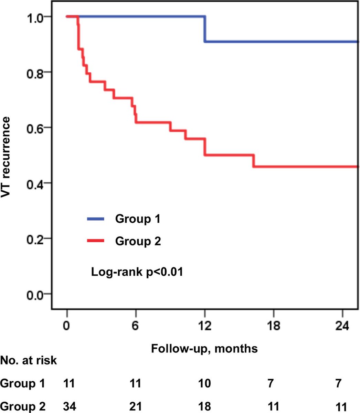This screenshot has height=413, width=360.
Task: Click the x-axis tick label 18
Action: (274, 325)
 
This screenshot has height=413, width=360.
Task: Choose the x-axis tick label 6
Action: (136, 325)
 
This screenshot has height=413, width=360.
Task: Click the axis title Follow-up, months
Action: (204, 348)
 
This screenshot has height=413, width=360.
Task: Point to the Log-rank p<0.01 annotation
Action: (137, 272)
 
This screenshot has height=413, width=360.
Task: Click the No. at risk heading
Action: (29, 361)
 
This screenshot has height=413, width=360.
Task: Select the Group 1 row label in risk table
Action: (23, 383)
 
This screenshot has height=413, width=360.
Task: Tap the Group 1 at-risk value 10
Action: (204, 383)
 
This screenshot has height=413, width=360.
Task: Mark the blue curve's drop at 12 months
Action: (205, 29)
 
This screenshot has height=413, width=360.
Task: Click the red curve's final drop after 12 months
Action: (254, 161)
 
